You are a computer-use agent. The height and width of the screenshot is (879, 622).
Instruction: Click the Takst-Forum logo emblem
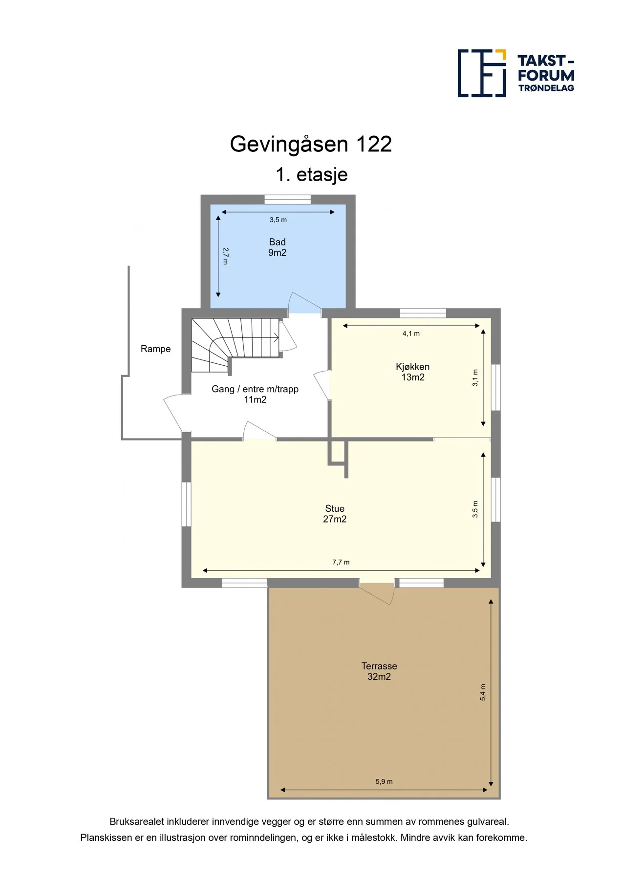click(482, 73)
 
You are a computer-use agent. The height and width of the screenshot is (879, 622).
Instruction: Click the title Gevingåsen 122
click(311, 145)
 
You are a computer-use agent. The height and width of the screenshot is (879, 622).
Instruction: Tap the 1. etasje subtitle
click(312, 175)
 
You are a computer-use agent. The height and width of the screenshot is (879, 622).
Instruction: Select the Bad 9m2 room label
click(277, 247)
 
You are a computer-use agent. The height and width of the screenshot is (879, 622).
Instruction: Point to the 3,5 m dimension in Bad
click(278, 220)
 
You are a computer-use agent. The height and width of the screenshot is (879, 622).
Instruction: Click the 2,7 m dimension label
click(225, 256)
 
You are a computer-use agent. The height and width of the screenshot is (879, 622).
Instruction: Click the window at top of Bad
click(287, 199)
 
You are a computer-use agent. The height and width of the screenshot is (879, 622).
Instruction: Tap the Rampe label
click(155, 349)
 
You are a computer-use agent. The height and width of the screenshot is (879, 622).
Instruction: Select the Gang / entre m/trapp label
click(255, 394)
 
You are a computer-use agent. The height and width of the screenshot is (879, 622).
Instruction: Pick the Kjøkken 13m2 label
click(413, 372)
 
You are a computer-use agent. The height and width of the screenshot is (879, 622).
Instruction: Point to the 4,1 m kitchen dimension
click(411, 334)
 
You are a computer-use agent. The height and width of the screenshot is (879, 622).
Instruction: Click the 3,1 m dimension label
click(475, 377)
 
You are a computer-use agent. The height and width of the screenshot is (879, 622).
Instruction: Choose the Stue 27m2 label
click(335, 514)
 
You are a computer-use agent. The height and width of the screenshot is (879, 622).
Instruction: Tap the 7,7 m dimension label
click(341, 562)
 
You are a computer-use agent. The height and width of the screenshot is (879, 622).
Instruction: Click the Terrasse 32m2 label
click(379, 671)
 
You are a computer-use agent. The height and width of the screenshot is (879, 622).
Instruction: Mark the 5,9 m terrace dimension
click(384, 781)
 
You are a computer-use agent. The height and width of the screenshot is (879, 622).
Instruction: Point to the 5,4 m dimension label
click(483, 692)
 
